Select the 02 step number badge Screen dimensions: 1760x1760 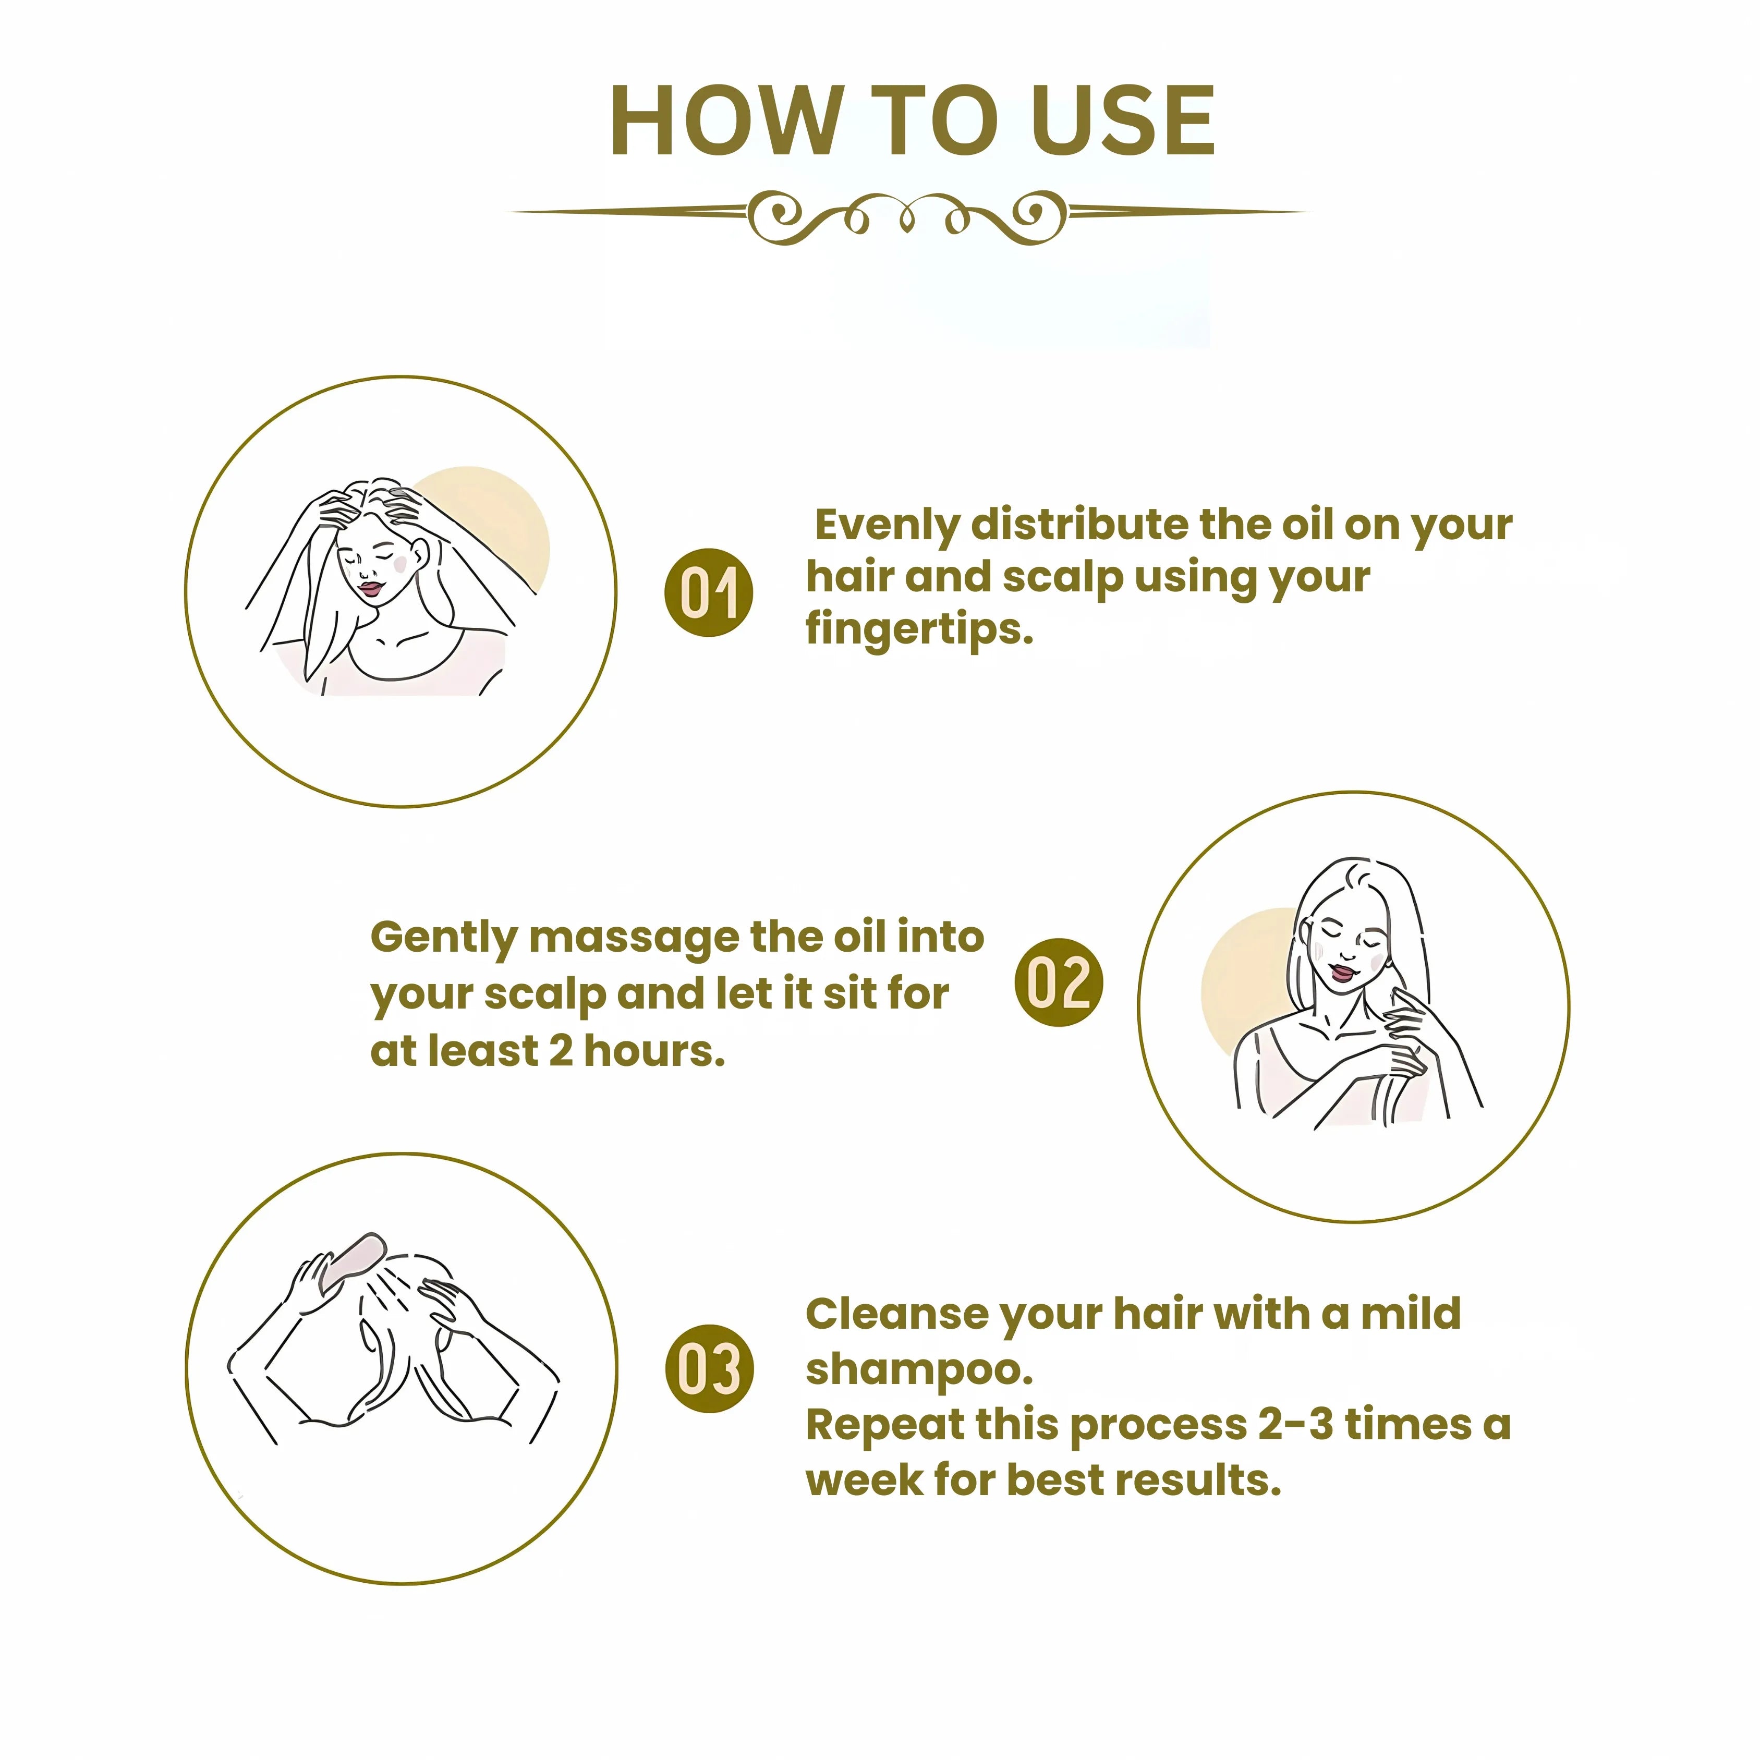click(x=1059, y=982)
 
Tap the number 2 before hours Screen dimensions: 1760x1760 click(x=560, y=1050)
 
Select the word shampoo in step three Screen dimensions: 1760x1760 click(x=918, y=1369)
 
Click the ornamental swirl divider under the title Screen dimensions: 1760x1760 click(x=906, y=216)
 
